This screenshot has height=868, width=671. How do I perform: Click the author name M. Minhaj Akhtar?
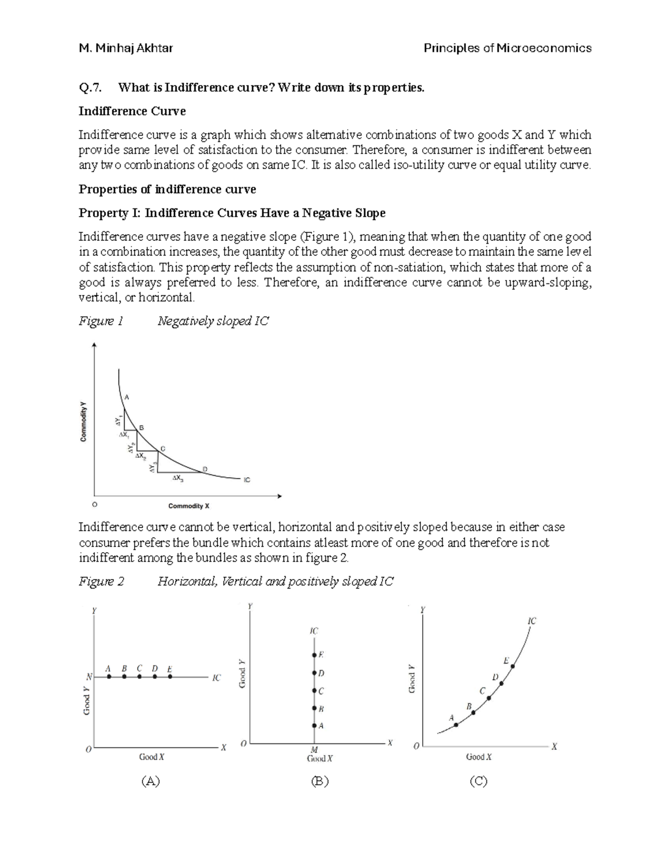pos(126,48)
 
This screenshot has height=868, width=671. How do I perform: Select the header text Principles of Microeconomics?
pos(507,48)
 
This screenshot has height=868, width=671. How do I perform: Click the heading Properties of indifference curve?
pos(167,189)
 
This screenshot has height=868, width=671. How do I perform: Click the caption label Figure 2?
pos(101,581)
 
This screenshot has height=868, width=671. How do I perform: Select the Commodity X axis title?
pos(189,506)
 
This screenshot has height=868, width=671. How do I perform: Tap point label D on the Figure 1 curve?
pos(205,468)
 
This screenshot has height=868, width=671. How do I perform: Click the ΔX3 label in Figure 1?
pos(178,478)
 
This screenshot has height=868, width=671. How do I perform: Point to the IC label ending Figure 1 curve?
pos(247,480)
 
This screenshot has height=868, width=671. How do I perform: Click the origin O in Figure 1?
pos(94,505)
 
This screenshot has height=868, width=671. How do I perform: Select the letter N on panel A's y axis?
pos(89,677)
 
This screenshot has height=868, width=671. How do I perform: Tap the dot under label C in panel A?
pos(140,677)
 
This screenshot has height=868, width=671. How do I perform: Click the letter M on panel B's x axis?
pos(314,750)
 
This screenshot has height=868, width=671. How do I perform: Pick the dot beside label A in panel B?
pos(314,725)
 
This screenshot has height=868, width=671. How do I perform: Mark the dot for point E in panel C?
pos(513,666)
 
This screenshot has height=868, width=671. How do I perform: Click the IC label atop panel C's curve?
pos(531,621)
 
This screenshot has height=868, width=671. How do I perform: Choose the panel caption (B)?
pos(319,781)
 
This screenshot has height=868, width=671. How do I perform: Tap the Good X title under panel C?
pos(479,757)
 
